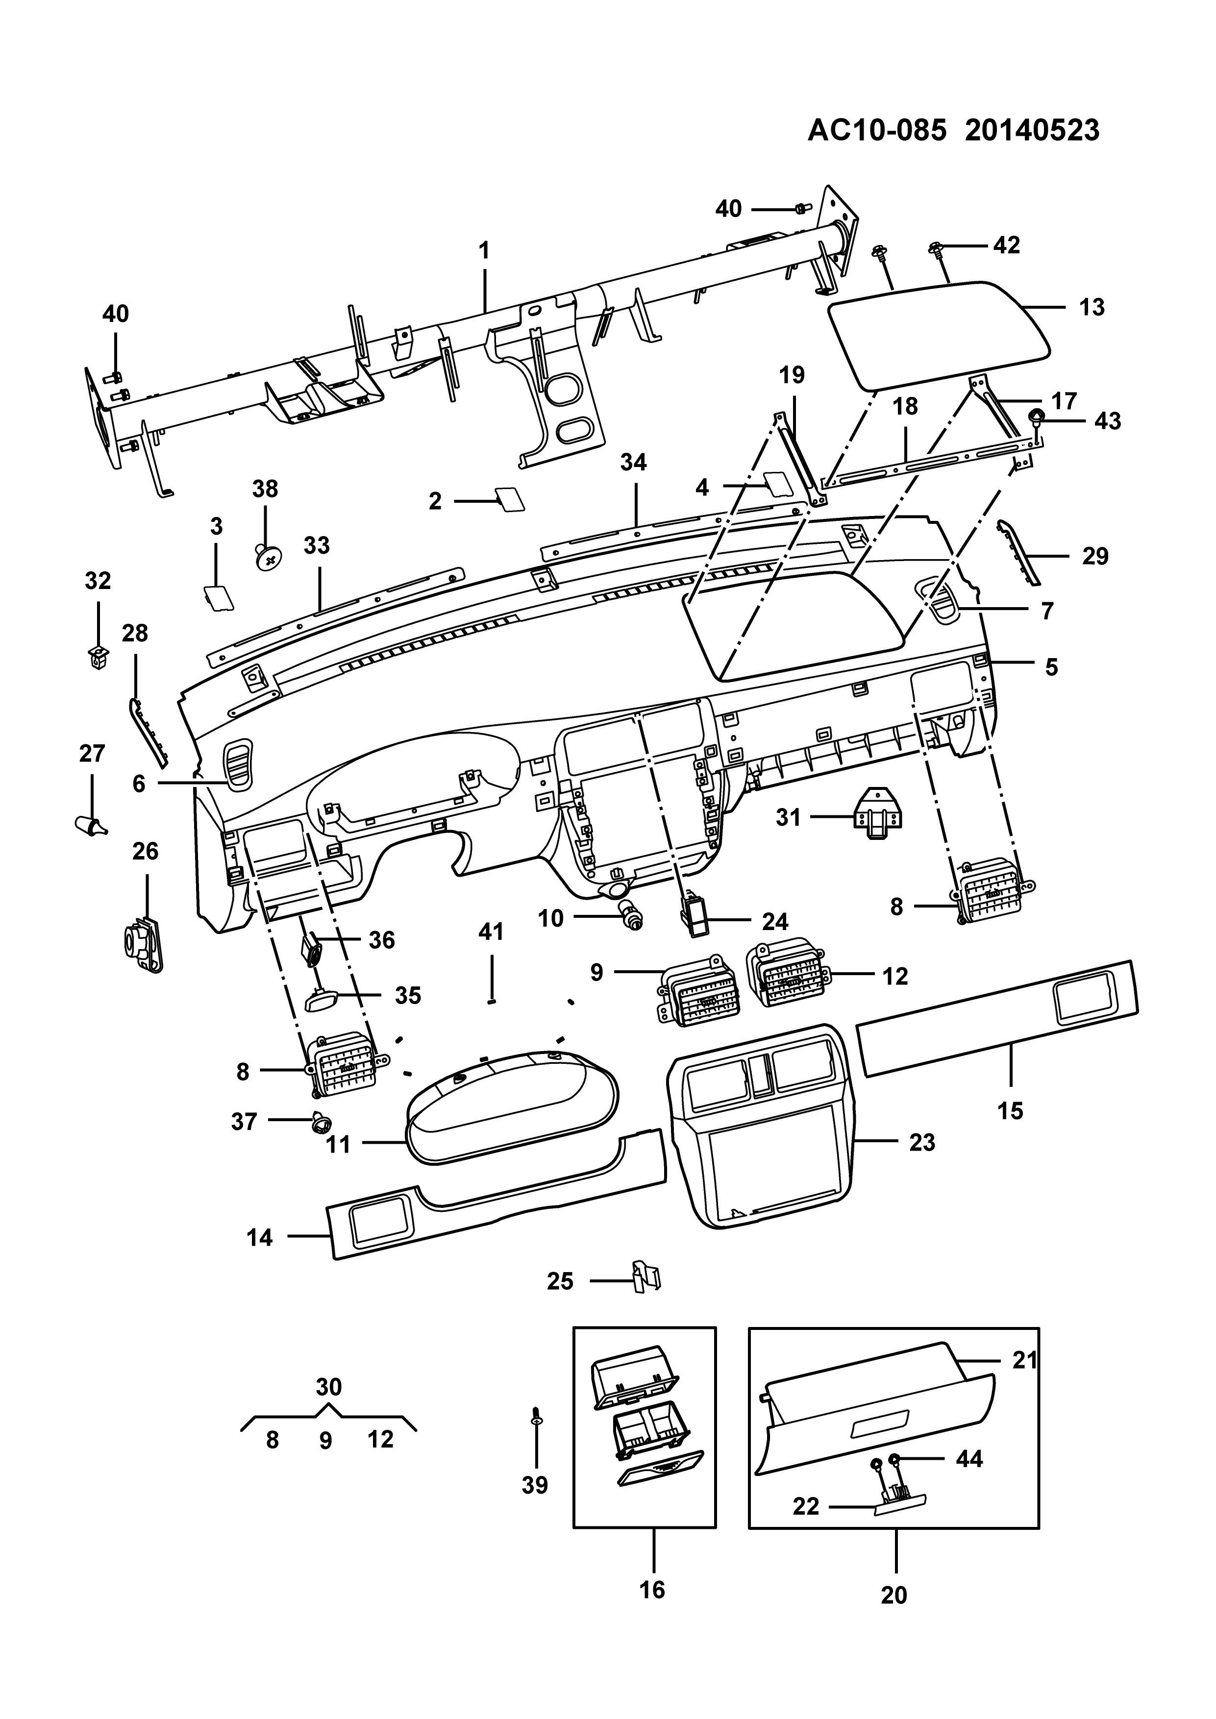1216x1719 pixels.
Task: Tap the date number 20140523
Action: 1032,130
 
